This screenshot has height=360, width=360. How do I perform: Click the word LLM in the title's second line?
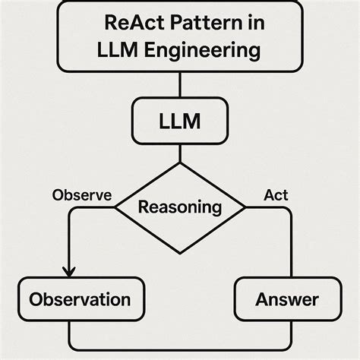122,50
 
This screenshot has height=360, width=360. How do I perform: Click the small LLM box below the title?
179,121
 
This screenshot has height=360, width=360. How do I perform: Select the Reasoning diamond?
179,207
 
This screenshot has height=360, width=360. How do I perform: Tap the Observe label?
81,195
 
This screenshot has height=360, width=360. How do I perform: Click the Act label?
276,195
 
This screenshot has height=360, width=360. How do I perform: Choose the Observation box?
80,299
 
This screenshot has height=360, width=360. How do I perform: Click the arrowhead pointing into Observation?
69,271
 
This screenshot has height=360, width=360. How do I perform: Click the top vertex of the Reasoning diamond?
179,163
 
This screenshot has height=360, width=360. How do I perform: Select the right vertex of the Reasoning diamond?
246,207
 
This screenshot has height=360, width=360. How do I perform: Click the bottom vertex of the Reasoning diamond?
179,251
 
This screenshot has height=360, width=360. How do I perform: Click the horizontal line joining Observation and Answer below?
179,349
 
